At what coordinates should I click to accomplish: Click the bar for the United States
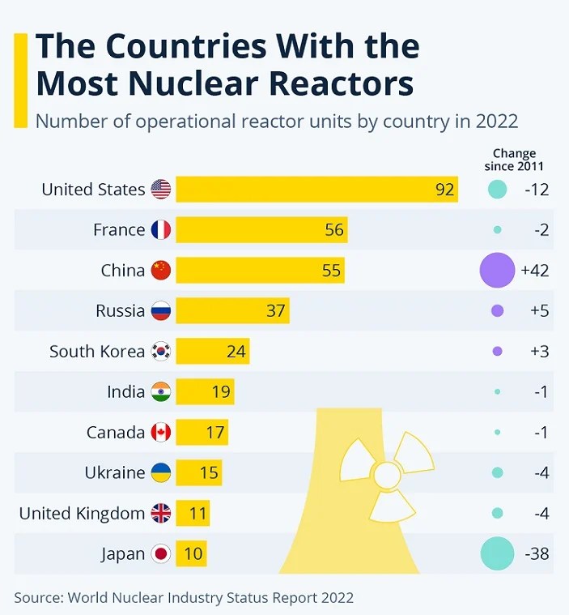click(x=316, y=190)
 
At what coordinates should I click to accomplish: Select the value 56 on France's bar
click(x=334, y=230)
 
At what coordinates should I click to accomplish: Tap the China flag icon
click(x=161, y=271)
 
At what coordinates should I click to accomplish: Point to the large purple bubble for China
click(x=497, y=271)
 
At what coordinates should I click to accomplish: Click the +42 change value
click(x=535, y=271)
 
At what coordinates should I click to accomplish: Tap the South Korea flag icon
click(x=161, y=352)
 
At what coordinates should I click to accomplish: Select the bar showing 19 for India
click(x=205, y=392)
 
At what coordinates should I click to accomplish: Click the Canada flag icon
click(x=161, y=433)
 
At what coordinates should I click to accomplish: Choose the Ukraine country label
click(x=115, y=473)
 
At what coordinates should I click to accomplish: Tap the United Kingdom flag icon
click(x=161, y=514)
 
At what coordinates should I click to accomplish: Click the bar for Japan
click(x=191, y=554)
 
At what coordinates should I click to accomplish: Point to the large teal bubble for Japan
click(x=497, y=554)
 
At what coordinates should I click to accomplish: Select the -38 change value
click(x=536, y=554)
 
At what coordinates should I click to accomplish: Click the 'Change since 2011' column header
click(x=514, y=160)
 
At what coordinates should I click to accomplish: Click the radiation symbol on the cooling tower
click(x=386, y=473)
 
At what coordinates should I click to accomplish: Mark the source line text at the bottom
click(x=184, y=598)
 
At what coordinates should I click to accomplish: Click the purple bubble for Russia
click(x=497, y=311)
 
